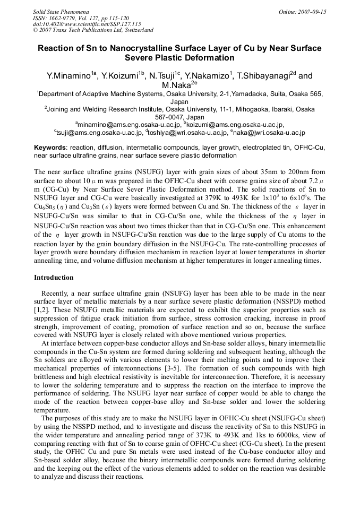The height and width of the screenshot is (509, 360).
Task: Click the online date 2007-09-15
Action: click(x=310, y=11)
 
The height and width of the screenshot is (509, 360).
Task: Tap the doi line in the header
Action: click(x=87, y=24)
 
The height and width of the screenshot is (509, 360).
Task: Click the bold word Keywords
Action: click(x=50, y=147)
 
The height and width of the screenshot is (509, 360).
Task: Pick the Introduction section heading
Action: click(x=54, y=278)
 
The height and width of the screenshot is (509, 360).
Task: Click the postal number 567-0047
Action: click(x=166, y=117)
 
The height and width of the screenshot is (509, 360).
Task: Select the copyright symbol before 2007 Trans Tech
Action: click(x=35, y=30)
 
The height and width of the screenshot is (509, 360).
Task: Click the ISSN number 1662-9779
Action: click(x=61, y=18)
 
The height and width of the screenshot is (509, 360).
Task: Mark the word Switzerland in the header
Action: click(x=136, y=30)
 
